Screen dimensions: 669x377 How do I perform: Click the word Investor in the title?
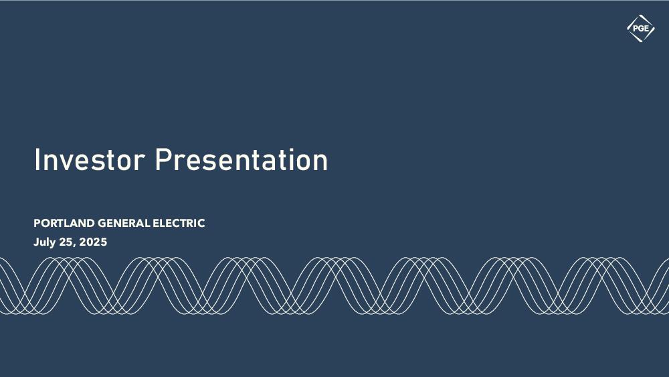(x=89, y=159)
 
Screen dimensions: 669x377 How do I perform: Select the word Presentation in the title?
(x=241, y=159)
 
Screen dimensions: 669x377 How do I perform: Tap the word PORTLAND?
(x=64, y=223)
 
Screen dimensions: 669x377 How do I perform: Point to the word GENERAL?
(x=124, y=223)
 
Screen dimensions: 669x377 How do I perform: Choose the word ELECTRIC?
(x=179, y=223)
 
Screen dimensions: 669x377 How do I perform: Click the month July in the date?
(x=44, y=242)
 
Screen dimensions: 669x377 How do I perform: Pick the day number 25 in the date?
(x=66, y=242)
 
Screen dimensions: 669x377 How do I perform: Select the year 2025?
(x=93, y=242)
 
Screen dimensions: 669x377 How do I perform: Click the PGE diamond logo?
(x=640, y=29)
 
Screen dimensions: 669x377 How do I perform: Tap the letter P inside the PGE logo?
(x=636, y=29)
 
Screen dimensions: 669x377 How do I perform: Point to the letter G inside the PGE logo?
(x=641, y=29)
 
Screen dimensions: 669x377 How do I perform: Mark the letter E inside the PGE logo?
(x=646, y=29)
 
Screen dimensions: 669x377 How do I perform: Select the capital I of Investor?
(x=37, y=159)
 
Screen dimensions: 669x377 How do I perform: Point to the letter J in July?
(x=36, y=242)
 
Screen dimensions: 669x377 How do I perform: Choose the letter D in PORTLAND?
(x=90, y=223)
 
